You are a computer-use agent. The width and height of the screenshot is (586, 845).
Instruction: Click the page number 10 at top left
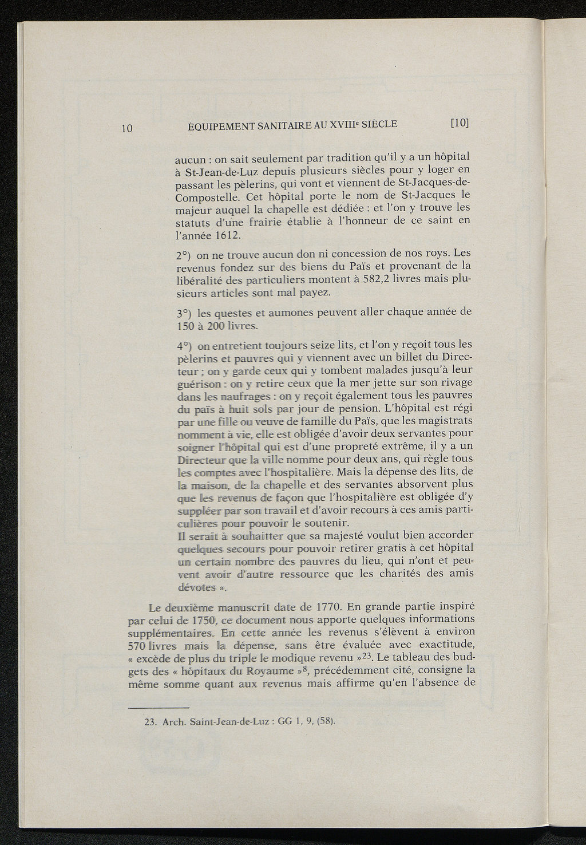tap(127, 128)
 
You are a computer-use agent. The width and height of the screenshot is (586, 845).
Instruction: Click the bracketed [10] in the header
tap(460, 123)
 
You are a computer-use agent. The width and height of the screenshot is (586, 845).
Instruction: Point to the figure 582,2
tap(351, 279)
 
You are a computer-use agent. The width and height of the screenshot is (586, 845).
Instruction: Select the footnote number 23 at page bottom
tap(151, 722)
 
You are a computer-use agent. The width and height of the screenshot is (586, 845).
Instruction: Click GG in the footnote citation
tap(285, 721)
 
